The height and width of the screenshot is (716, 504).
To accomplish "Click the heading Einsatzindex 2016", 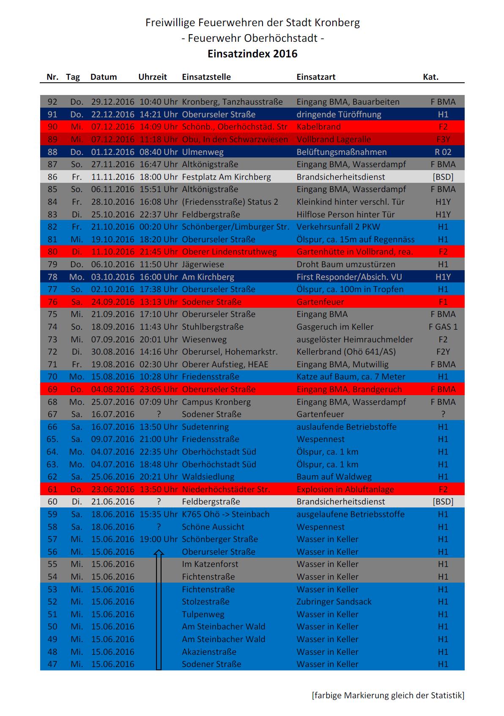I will coord(252,54).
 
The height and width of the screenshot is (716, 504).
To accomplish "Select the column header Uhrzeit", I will coord(153,77).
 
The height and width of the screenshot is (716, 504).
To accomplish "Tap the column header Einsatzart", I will coord(316,77).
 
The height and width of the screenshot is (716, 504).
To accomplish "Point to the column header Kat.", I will coord(430,77).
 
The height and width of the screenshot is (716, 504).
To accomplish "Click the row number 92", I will coord(52,102).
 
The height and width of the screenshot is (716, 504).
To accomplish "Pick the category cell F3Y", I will coord(443,139).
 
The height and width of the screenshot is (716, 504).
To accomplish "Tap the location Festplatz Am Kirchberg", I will coord(226,177).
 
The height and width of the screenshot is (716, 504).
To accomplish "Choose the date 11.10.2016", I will coord(112,252).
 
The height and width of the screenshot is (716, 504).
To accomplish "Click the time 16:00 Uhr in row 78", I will coord(159,277).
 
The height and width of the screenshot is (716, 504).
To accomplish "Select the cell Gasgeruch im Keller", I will coord(335,327).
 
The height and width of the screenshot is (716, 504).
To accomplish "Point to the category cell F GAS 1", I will coord(443,327).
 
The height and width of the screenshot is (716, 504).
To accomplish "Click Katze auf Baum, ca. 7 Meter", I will coord(351,377).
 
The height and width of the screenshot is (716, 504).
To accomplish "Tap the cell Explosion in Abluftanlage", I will coord(345,489).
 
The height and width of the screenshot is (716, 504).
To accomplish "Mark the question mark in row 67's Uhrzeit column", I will coord(159,414).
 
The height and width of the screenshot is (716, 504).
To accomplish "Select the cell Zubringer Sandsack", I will coord(334,602).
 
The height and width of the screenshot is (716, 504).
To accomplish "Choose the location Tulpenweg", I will coord(203,614).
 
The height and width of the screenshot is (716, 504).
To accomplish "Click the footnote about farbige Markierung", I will coord(388,695).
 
